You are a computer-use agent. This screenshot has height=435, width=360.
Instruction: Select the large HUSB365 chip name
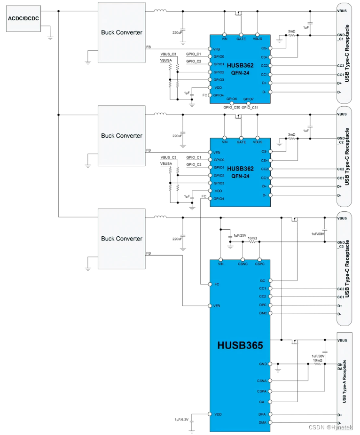pyautogui.click(x=240, y=345)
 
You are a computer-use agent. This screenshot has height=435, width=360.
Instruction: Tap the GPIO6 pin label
pyautogui.click(x=232, y=99)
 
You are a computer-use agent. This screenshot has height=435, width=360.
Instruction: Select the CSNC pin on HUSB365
pyautogui.click(x=243, y=264)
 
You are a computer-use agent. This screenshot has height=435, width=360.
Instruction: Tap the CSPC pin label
pyautogui.click(x=259, y=264)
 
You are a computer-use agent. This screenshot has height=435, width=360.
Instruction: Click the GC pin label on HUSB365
pyautogui.click(x=263, y=280)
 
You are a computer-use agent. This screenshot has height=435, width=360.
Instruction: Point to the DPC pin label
pyautogui.click(x=262, y=305)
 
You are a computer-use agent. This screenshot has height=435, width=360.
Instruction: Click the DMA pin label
pyautogui.click(x=262, y=423)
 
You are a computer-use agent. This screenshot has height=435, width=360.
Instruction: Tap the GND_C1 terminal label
pyautogui.click(x=341, y=38)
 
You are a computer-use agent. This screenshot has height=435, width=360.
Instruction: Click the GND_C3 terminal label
pyautogui.click(x=341, y=244)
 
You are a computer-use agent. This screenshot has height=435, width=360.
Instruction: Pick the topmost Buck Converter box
pyautogui.click(x=121, y=32)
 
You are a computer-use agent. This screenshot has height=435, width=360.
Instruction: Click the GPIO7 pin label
pyautogui.click(x=249, y=99)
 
